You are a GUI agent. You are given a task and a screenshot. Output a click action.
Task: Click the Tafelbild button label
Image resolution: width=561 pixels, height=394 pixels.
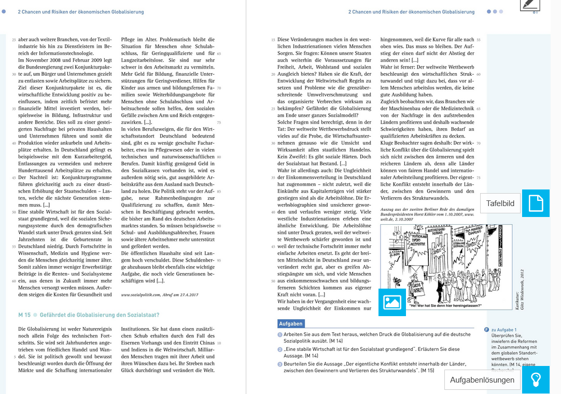coord(500,203)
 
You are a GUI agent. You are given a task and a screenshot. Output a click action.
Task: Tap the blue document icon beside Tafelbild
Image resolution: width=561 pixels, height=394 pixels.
coord(536,203)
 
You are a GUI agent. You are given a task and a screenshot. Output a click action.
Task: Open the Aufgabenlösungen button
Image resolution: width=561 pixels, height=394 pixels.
coord(482,380)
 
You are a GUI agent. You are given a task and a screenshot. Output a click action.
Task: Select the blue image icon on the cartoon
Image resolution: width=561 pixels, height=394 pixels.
coord(392,302)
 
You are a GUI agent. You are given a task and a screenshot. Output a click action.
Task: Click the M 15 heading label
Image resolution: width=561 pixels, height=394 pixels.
coord(24,315)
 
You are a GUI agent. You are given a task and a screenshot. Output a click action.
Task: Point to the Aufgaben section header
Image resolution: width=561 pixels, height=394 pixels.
coord(290,324)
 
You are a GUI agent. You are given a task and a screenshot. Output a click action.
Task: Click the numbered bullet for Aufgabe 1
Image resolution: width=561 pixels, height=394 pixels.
coord(280,335)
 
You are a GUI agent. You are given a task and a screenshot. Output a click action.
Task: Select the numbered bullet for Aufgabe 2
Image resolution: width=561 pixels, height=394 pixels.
coord(280,350)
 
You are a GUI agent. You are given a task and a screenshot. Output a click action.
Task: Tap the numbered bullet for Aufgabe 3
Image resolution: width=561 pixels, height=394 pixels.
coord(280,364)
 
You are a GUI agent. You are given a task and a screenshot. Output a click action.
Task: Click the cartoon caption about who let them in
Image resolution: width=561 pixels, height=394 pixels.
coord(445,305)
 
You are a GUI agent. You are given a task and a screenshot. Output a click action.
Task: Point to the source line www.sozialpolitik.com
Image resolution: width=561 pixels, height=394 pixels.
coord(160,295)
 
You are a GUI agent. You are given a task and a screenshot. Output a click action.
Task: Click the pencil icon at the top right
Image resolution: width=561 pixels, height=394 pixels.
coord(530,5)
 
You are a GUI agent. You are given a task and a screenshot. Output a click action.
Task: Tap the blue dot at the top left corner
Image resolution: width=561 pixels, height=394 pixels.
coord(4,11)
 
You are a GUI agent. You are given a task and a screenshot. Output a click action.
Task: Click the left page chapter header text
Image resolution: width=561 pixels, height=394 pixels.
coord(81,11)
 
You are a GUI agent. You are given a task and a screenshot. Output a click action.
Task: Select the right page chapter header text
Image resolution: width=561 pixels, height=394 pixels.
coord(411,11)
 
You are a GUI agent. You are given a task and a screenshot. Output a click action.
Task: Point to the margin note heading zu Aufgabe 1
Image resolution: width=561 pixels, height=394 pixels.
coord(503,330)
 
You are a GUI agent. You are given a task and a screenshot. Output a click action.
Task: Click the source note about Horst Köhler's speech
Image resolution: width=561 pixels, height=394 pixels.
coord(427,214)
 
